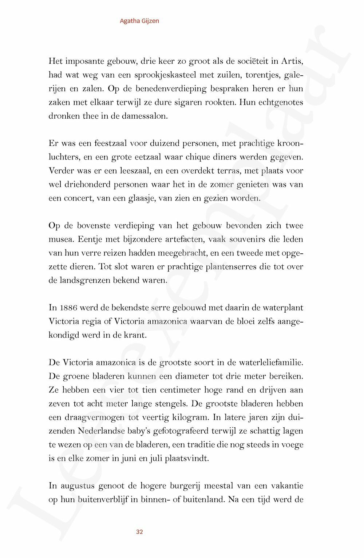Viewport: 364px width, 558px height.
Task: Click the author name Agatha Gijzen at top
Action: click(139, 21)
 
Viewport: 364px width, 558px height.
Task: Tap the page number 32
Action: click(139, 532)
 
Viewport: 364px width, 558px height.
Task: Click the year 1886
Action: click(68, 308)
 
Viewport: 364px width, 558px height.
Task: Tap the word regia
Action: click(95, 321)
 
